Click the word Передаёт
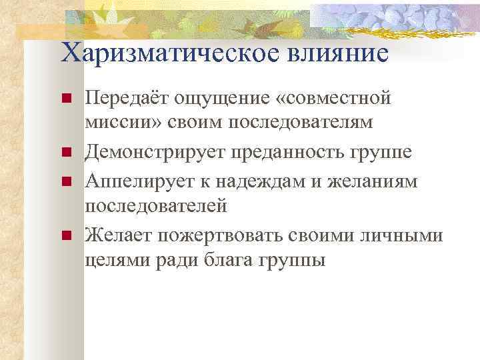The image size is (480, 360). click(127, 99)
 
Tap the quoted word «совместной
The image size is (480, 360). click(334, 99)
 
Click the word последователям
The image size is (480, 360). click(301, 125)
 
